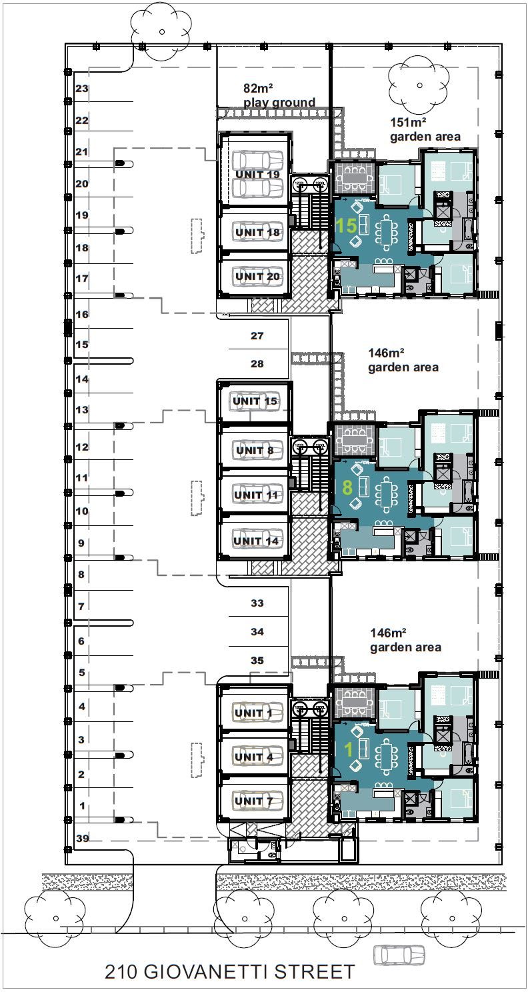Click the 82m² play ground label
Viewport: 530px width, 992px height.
click(x=279, y=95)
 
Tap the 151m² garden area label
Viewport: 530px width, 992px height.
click(x=425, y=129)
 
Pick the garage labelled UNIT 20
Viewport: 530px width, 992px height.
click(x=257, y=275)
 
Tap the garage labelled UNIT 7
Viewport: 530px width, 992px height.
click(x=254, y=801)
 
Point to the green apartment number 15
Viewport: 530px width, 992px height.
click(x=346, y=225)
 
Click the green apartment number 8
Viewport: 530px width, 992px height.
click(x=347, y=487)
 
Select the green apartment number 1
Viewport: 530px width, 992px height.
click(x=349, y=750)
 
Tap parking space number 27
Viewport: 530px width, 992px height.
click(x=257, y=336)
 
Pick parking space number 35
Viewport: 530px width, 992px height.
click(x=257, y=660)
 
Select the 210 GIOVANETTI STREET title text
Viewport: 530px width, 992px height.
click(x=230, y=971)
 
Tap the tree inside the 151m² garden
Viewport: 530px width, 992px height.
click(x=419, y=85)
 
